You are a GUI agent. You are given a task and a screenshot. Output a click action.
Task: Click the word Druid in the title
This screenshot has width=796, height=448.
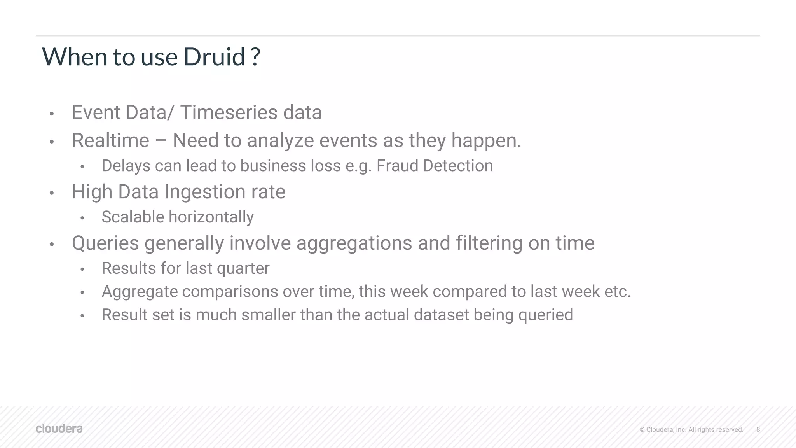[x=214, y=57]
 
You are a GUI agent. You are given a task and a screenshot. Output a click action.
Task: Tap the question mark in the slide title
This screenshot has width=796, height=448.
[x=255, y=57]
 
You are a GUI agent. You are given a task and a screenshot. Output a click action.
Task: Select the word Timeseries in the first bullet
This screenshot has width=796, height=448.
[x=229, y=113]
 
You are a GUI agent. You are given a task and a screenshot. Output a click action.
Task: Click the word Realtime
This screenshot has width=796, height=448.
[x=110, y=140]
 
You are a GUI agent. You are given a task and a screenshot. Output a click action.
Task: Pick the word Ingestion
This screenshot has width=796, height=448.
[x=205, y=192]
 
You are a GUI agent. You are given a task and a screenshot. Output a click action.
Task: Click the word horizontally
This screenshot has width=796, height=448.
[x=210, y=217]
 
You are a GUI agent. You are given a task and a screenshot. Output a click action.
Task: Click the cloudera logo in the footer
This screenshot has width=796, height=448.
[x=59, y=429]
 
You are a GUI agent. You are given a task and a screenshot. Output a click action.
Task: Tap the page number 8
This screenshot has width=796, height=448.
[x=758, y=429]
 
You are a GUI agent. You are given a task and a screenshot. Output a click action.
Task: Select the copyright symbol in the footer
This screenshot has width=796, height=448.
[x=642, y=430]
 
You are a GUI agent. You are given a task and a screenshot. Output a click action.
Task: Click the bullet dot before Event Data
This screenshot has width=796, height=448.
[x=51, y=114]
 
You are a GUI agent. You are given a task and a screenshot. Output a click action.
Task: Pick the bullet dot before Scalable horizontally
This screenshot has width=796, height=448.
[x=82, y=218]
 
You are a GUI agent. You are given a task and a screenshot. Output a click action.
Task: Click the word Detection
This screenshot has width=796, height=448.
[x=458, y=166]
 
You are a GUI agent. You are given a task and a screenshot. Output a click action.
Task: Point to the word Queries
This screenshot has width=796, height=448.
[x=105, y=243]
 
